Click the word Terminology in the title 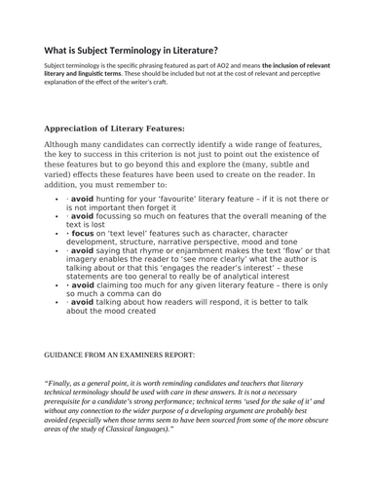(144, 51)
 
